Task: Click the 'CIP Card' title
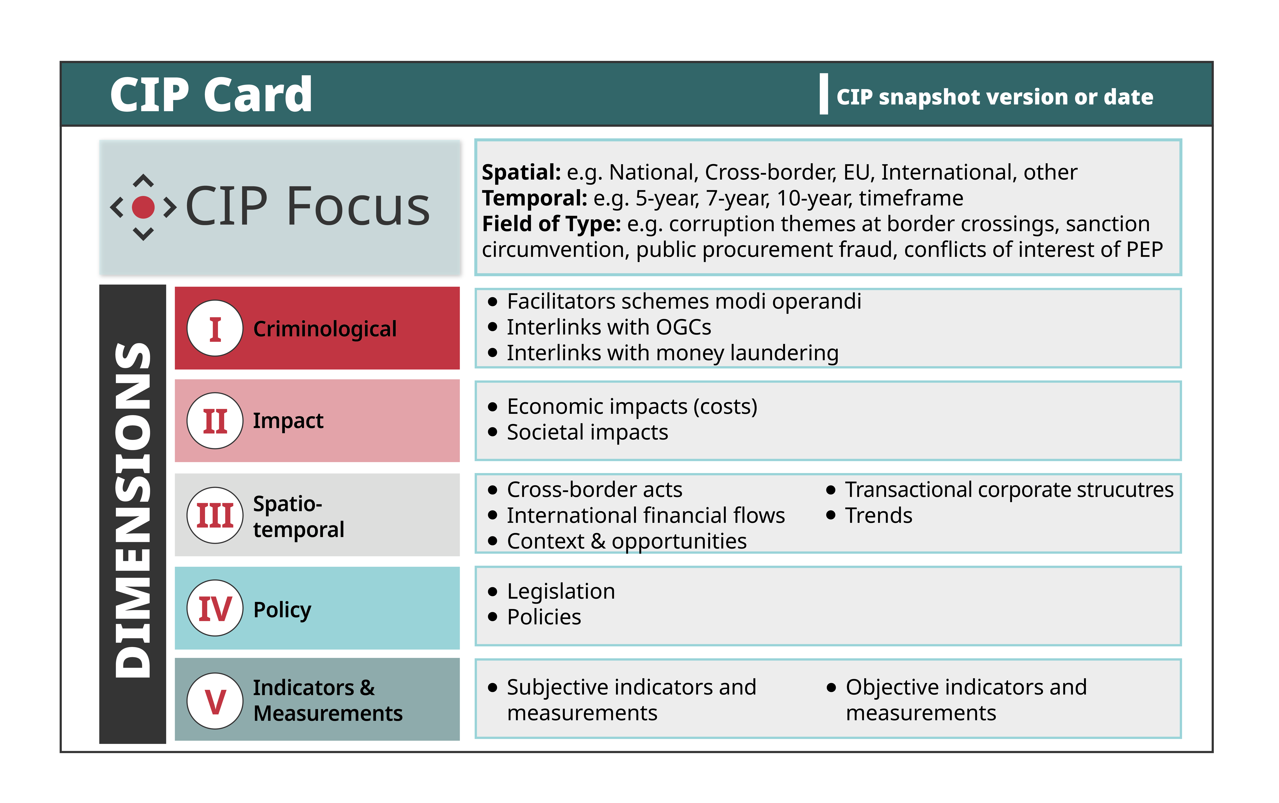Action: pyautogui.click(x=211, y=95)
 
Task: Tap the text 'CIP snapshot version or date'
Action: pyautogui.click(x=995, y=97)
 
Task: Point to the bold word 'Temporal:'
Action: pyautogui.click(x=534, y=198)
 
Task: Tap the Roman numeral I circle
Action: pyautogui.click(x=215, y=328)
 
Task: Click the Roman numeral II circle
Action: pyautogui.click(x=215, y=421)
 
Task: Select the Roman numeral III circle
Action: pyautogui.click(x=215, y=515)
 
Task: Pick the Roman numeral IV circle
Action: pyautogui.click(x=215, y=608)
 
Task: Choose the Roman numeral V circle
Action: pyautogui.click(x=215, y=701)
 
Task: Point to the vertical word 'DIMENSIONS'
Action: pyautogui.click(x=133, y=510)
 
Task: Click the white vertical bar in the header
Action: pyautogui.click(x=823, y=94)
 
